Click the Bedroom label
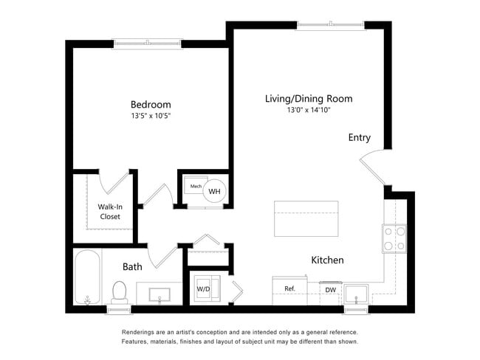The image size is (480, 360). click(x=151, y=105)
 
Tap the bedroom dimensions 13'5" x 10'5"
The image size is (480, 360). click(x=151, y=116)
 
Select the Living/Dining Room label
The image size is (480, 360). click(x=309, y=99)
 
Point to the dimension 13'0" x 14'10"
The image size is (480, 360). click(x=309, y=110)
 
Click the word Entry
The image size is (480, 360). click(x=360, y=138)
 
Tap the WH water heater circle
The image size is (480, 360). click(x=214, y=191)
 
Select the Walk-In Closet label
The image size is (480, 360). click(x=110, y=212)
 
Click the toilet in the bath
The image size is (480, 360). click(x=120, y=293)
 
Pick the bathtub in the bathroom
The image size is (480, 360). click(x=87, y=277)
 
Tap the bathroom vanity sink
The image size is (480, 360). click(x=160, y=294)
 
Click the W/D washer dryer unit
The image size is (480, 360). click(x=207, y=288)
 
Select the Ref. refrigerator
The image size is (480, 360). click(x=290, y=291)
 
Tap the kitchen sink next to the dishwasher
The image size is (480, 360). click(x=356, y=294)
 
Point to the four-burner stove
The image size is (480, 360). click(x=394, y=238)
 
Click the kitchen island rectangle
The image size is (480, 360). click(x=306, y=218)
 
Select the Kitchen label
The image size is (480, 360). click(x=328, y=260)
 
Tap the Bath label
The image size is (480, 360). click(x=132, y=267)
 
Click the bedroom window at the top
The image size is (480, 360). click(x=148, y=44)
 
